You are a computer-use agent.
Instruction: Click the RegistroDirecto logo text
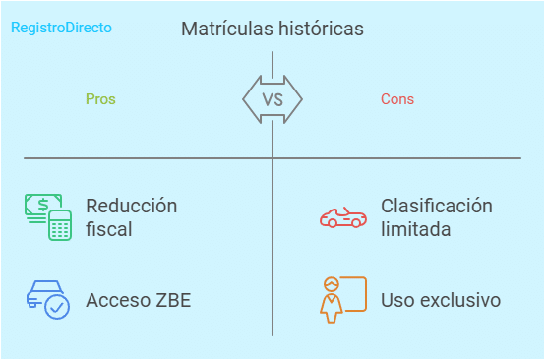[x=61, y=28]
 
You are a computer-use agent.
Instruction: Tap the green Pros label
[x=100, y=99]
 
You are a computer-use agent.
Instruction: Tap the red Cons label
[x=397, y=99]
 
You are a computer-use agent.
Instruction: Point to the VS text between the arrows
[x=273, y=99]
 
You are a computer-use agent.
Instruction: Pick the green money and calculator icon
[x=48, y=216]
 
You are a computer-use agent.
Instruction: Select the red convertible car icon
[x=342, y=216]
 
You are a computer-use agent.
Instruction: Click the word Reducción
[x=132, y=206]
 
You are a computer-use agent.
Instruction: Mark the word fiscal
[x=109, y=229]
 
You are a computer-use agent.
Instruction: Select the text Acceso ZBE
[x=139, y=300]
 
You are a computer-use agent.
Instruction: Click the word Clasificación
[x=437, y=206]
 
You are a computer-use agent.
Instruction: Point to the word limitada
[x=416, y=229]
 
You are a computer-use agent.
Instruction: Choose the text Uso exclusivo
[x=441, y=300]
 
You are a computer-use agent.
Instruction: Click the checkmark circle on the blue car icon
[x=58, y=307]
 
